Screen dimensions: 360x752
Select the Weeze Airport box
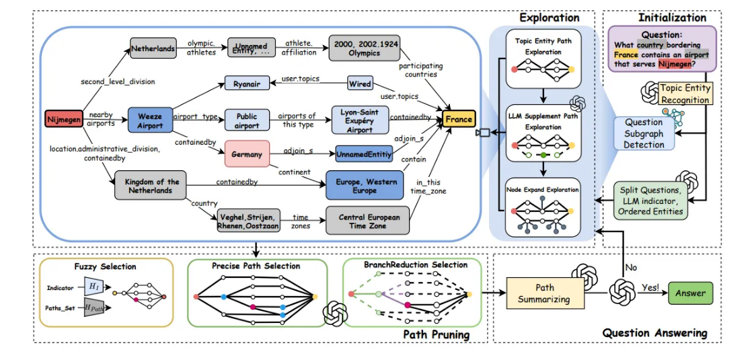pos(150,121)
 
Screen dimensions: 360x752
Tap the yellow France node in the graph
pos(459,120)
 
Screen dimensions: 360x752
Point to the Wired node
pos(361,84)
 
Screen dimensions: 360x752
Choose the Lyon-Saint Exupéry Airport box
pos(361,120)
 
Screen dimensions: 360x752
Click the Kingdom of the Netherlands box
pos(150,186)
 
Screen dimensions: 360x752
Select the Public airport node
pos(247,120)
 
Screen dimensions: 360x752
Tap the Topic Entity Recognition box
pos(684,94)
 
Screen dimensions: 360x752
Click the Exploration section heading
pos(548,17)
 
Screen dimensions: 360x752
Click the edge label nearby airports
pos(101,119)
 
